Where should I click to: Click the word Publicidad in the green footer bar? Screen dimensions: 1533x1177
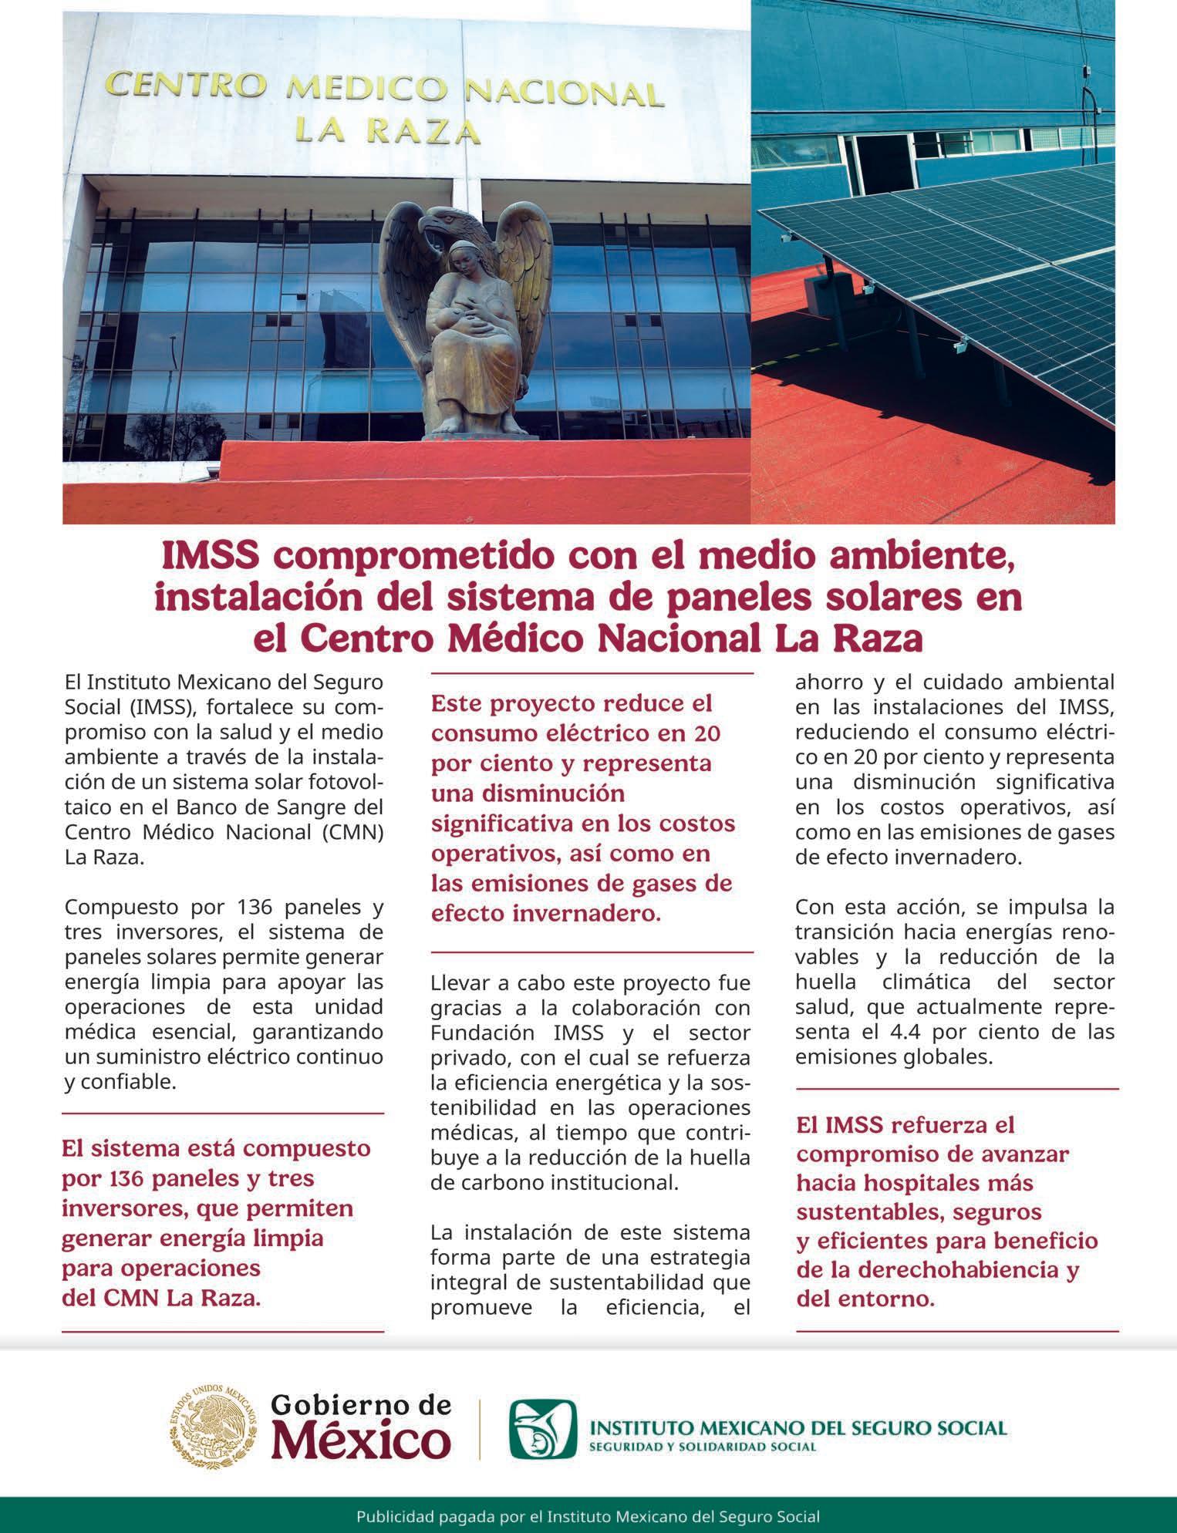click(x=392, y=1515)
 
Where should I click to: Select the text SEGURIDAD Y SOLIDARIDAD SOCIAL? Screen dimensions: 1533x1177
click(x=702, y=1446)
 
